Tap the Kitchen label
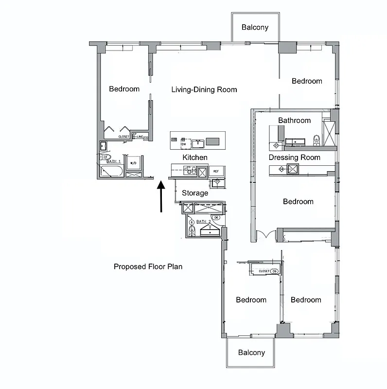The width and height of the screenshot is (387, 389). tap(195, 158)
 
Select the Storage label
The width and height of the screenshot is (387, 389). tap(195, 193)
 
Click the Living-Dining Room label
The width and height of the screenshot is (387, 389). tap(204, 89)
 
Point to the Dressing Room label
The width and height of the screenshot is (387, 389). tap(295, 158)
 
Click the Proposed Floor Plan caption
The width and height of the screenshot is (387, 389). tap(148, 266)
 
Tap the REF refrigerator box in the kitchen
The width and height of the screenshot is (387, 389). tap(216, 171)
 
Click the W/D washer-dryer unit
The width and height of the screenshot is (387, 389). tap(133, 163)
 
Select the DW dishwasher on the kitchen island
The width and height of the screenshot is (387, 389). tap(184, 144)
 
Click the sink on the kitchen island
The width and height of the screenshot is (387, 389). tap(197, 143)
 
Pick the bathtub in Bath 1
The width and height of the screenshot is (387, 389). tap(111, 171)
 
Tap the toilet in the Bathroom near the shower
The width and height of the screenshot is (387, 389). tap(317, 140)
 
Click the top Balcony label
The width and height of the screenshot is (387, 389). tap(255, 28)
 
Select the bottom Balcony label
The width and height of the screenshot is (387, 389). tap(251, 353)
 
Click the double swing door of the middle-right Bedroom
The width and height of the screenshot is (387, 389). tap(265, 235)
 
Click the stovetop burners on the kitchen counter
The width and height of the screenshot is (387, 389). tap(189, 171)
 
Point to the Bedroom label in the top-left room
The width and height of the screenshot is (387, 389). tap(124, 89)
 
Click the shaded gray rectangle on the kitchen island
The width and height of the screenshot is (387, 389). tap(213, 141)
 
